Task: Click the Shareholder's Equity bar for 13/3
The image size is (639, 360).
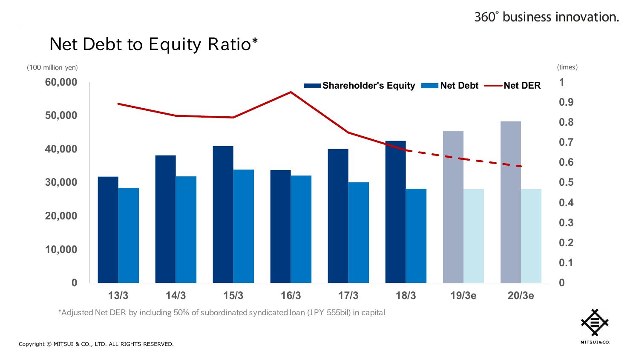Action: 108,230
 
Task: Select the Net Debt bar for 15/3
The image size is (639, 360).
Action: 244,226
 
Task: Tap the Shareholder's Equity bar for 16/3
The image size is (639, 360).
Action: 280,226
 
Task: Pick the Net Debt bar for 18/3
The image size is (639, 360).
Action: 416,236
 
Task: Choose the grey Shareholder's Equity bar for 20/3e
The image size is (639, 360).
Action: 511,202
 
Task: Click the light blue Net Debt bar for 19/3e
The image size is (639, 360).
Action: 474,236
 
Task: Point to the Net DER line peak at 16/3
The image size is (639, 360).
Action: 291,92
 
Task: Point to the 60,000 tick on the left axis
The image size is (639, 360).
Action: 61,82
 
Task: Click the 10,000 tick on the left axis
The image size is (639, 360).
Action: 61,249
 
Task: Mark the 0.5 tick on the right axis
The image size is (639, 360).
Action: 566,182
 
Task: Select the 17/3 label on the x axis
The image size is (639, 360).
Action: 348,296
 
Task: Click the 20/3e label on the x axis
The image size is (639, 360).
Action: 521,296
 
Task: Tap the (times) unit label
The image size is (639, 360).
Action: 567,67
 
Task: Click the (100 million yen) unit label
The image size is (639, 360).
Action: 52,67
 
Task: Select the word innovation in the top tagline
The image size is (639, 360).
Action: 587,17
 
